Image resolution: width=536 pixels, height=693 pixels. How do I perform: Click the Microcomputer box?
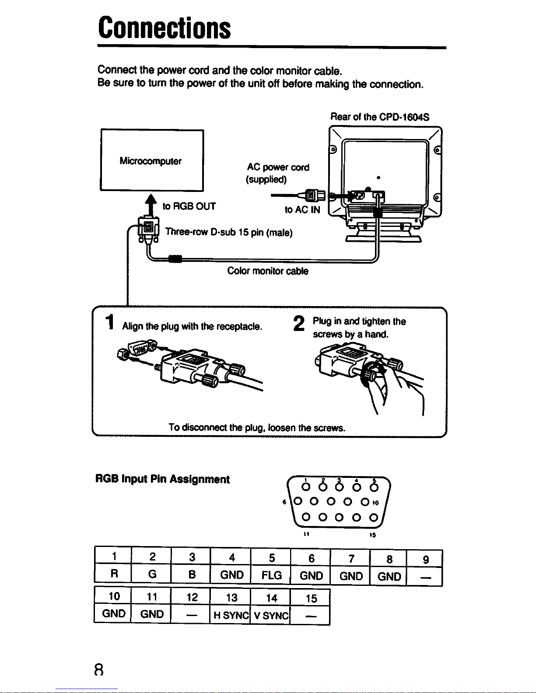pos(152,160)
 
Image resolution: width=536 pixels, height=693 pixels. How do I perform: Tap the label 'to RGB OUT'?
pos(189,206)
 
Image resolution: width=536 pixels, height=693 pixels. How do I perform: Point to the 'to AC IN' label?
pos(302,210)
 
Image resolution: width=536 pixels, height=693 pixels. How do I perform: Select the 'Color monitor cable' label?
pos(268,271)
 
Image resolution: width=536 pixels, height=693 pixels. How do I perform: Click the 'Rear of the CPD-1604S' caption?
pos(380,117)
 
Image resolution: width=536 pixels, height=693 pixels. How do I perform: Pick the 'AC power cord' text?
pos(278,167)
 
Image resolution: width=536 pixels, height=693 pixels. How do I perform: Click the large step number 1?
pos(111,323)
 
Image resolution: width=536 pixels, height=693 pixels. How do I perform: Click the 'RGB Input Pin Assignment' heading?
pos(162,480)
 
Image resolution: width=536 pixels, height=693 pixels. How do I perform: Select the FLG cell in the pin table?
pos(271,575)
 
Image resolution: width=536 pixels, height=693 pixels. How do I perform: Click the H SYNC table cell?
pos(231,616)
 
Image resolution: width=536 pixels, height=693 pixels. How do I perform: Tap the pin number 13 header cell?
pos(231,598)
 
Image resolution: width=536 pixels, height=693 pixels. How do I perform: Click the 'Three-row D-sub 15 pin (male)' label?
pos(228,232)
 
